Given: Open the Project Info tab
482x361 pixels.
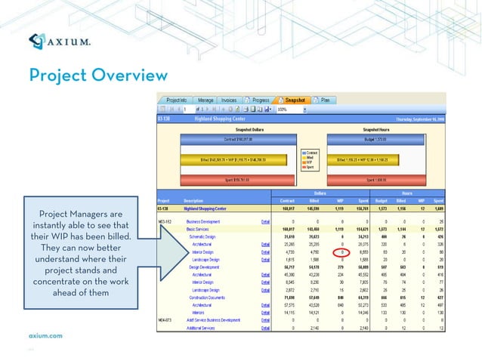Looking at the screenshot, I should coord(176,100).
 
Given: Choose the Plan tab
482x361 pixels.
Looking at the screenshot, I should coord(324,100).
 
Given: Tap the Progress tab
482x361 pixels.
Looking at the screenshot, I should coord(258,100).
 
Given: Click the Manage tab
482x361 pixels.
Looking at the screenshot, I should coord(205,100).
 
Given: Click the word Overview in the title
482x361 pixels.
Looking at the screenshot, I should coord(130,76).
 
